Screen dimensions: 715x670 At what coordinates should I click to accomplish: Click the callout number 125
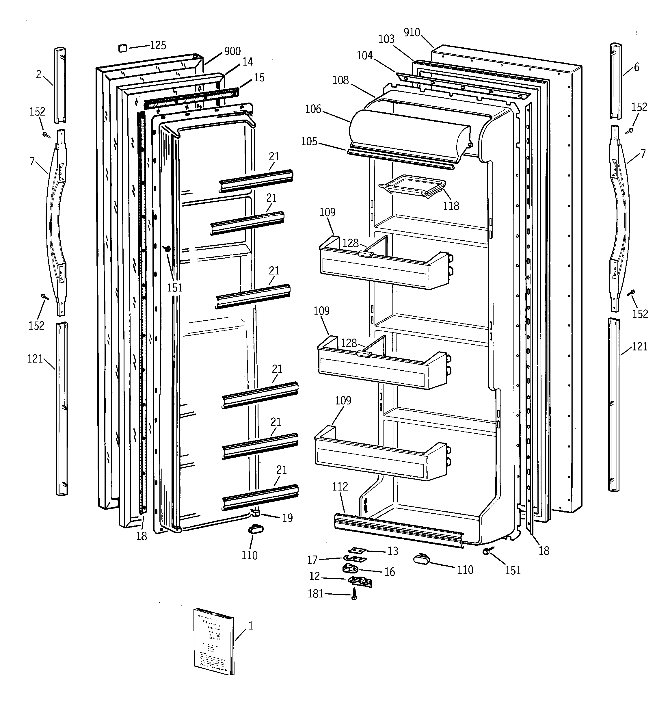(x=158, y=45)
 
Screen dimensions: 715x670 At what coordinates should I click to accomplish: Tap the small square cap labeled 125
(x=123, y=48)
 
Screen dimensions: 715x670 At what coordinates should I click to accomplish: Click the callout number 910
(x=412, y=32)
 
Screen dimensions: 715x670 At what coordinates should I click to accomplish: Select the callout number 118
(x=451, y=206)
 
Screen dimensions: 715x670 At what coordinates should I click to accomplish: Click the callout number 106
(x=313, y=109)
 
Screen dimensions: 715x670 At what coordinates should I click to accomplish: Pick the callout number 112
(x=340, y=486)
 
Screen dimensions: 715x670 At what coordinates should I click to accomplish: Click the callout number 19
(x=287, y=518)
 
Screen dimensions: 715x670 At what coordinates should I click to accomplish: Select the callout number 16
(x=390, y=572)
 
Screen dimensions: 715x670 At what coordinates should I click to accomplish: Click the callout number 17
(x=312, y=560)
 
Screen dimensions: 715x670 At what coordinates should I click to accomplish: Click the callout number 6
(x=636, y=67)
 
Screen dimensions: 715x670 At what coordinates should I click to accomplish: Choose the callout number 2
(x=39, y=75)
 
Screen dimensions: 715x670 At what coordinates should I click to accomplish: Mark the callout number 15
(x=259, y=77)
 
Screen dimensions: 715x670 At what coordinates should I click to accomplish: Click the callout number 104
(x=364, y=55)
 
